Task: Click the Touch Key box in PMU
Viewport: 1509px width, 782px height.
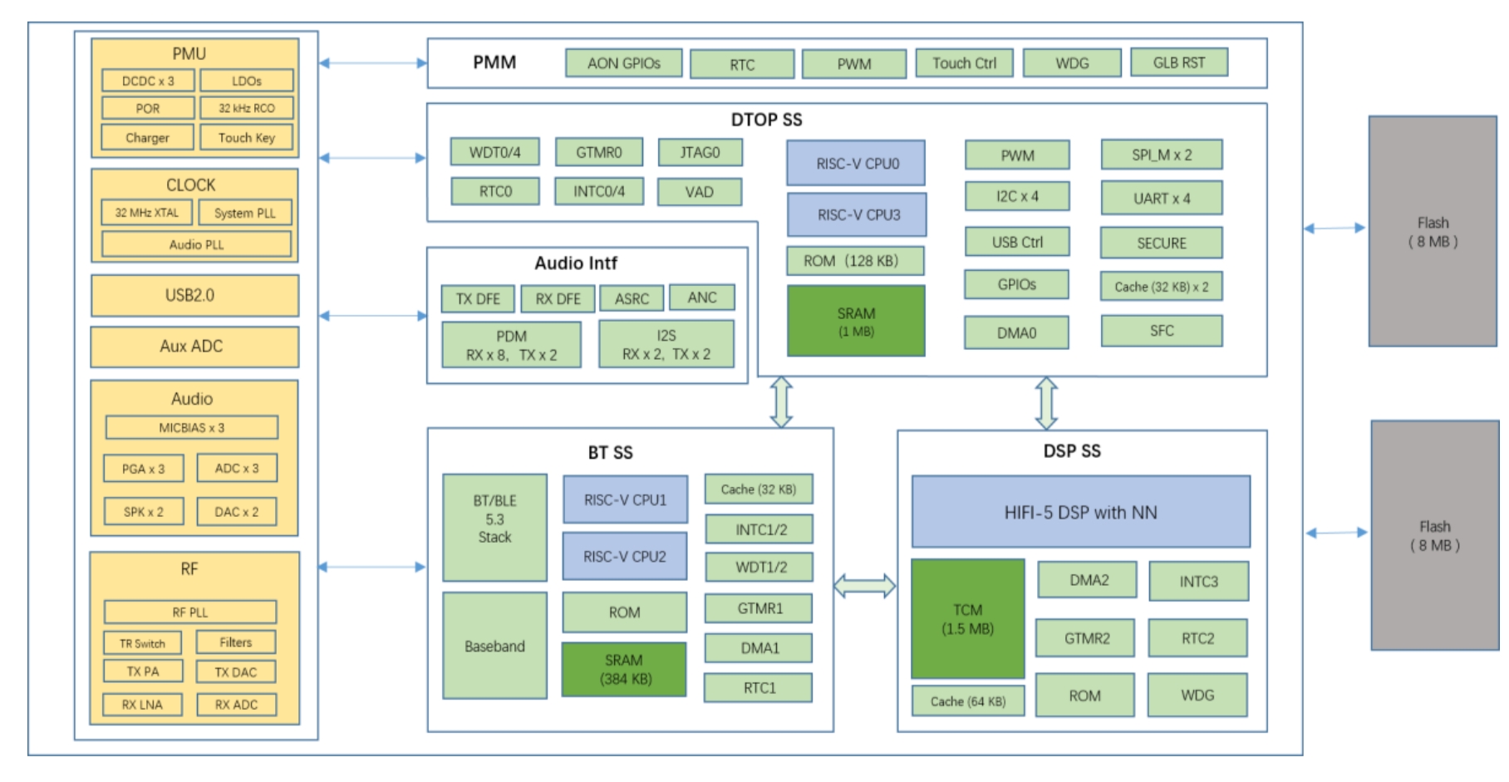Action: (x=247, y=137)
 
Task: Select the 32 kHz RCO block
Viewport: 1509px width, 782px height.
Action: (x=247, y=108)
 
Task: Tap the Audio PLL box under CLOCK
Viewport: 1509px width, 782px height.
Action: (x=196, y=244)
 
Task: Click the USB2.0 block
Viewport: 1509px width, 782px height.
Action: (x=194, y=296)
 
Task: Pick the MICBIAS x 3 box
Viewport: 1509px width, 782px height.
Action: (x=191, y=427)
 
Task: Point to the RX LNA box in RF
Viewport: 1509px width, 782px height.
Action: (x=142, y=705)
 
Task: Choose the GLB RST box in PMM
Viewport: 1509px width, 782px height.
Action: (x=1178, y=62)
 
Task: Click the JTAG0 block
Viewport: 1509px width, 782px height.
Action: (x=700, y=152)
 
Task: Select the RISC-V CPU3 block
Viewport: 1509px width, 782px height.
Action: (x=857, y=214)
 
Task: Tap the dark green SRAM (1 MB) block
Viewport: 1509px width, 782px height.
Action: (x=856, y=322)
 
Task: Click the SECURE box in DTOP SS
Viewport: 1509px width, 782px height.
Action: (x=1161, y=243)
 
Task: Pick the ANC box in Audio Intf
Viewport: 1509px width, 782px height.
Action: (x=701, y=298)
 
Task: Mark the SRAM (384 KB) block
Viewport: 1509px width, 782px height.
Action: (x=624, y=669)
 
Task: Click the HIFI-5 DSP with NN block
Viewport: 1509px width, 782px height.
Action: (x=1080, y=512)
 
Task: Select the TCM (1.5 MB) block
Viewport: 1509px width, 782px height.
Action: (x=967, y=619)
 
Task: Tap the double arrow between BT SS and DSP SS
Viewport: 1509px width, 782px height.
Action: (x=864, y=586)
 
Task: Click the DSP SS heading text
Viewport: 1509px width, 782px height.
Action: (x=1071, y=450)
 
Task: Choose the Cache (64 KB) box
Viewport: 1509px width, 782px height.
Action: (x=967, y=701)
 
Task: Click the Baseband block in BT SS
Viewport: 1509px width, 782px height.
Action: (x=494, y=646)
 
